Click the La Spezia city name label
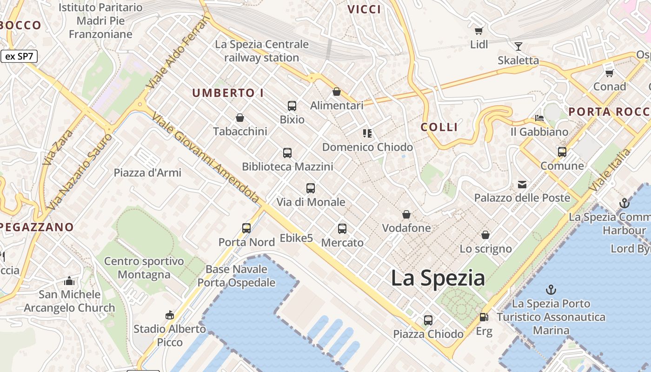(x=438, y=278)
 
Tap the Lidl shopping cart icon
(x=478, y=31)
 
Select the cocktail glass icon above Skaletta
(x=518, y=46)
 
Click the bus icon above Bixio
(x=292, y=106)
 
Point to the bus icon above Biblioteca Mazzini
(x=287, y=153)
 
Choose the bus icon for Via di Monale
(x=311, y=188)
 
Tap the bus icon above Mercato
(x=342, y=229)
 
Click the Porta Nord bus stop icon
(x=246, y=228)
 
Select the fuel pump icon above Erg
(x=484, y=317)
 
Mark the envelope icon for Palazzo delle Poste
(x=522, y=185)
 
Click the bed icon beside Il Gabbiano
(x=539, y=118)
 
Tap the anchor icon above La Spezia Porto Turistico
(x=551, y=290)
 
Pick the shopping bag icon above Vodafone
(x=406, y=214)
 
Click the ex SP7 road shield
(x=19, y=57)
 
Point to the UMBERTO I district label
(x=228, y=93)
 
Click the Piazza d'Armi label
(x=147, y=173)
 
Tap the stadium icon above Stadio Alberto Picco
(x=169, y=315)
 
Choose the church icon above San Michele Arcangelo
(x=69, y=281)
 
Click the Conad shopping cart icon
(x=609, y=73)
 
